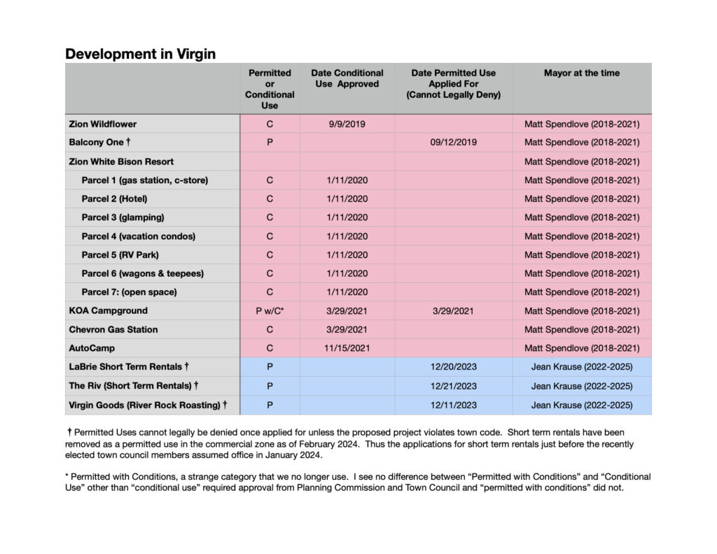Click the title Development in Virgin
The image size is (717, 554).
[140, 54]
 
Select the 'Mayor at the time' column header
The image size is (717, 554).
[581, 73]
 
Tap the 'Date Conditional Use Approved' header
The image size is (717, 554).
[347, 78]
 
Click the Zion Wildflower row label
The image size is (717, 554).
[103, 124]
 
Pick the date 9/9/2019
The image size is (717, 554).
[347, 124]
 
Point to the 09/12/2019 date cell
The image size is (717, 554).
[453, 142]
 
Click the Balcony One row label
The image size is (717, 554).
[97, 142]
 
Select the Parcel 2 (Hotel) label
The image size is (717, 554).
[114, 199]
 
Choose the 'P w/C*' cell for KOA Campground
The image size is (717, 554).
[270, 311]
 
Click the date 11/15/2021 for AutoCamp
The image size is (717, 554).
[347, 348]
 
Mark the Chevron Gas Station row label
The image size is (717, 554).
[113, 329]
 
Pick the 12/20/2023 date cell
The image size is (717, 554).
[453, 367]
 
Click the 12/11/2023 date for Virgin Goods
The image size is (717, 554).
[453, 405]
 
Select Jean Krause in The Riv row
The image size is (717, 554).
[581, 386]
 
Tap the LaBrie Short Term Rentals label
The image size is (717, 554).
[129, 367]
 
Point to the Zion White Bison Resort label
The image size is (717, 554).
[121, 161]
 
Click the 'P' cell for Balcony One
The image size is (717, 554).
[270, 142]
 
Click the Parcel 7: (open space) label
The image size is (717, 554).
[129, 292]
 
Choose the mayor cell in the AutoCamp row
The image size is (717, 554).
[581, 348]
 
